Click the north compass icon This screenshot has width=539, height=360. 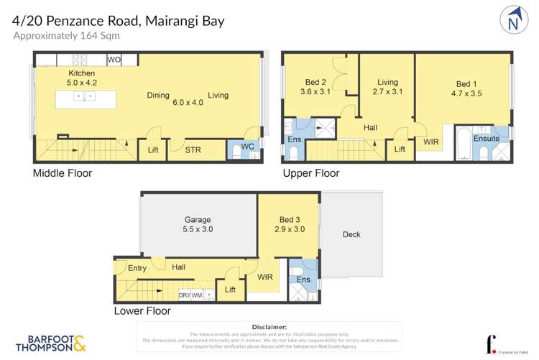pyautogui.click(x=512, y=20)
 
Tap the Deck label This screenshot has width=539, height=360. pyautogui.click(x=351, y=234)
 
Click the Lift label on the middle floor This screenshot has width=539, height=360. pyautogui.click(x=153, y=150)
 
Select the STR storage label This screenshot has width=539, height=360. pyautogui.click(x=193, y=150)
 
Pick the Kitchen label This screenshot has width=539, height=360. pyautogui.click(x=81, y=74)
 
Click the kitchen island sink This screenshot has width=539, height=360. pyautogui.click(x=85, y=96)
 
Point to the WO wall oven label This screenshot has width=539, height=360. pyautogui.click(x=114, y=60)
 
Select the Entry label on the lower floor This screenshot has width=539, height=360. pyautogui.click(x=137, y=268)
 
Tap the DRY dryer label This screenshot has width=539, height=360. pyautogui.click(x=184, y=295)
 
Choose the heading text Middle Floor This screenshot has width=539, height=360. pyautogui.click(x=63, y=173)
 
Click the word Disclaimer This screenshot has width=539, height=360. pyautogui.click(x=269, y=326)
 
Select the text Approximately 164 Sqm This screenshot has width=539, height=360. pyautogui.click(x=66, y=35)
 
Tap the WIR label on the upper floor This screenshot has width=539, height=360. pyautogui.click(x=430, y=142)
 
